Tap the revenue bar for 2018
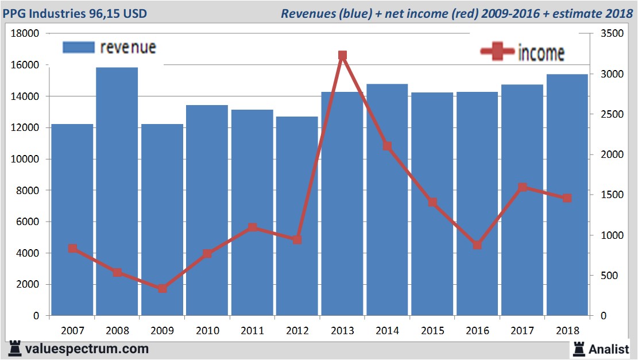coord(567,195)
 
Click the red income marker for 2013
coord(342,56)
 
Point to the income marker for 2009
coord(163,288)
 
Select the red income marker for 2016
coord(477,245)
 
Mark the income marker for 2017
coord(522,187)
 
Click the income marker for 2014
coord(387,146)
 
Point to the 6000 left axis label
coord(28,222)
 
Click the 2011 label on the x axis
coord(252,331)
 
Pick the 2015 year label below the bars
coord(432,331)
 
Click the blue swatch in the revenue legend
coord(78,47)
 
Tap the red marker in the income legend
coord(497,52)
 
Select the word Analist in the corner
coord(609,349)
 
